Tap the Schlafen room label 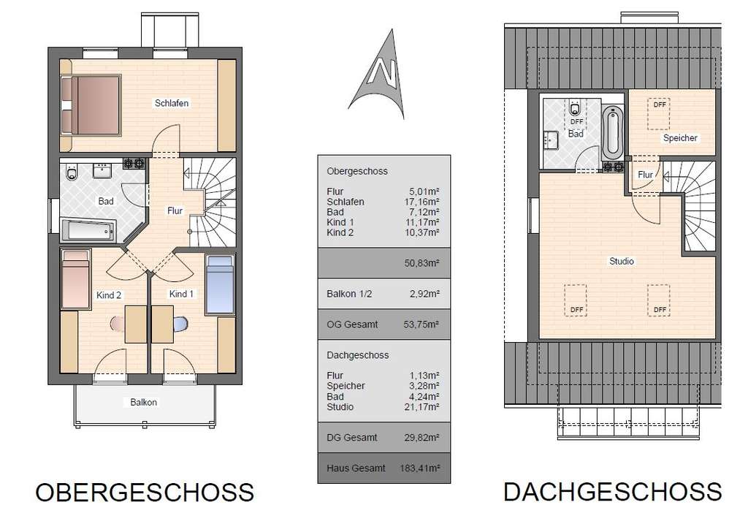click(172, 103)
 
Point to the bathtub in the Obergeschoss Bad click(88, 231)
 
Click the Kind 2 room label click(109, 295)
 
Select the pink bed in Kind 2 click(76, 278)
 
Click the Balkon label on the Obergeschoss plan click(143, 402)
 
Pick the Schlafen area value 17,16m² click(423, 202)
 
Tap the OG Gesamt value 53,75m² click(423, 324)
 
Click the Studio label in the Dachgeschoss click(622, 261)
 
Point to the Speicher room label click(680, 138)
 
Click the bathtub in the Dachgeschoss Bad click(612, 132)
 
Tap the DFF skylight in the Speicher click(660, 105)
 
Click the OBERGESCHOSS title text click(145, 492)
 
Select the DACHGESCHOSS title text click(612, 491)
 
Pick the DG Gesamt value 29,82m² click(423, 438)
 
